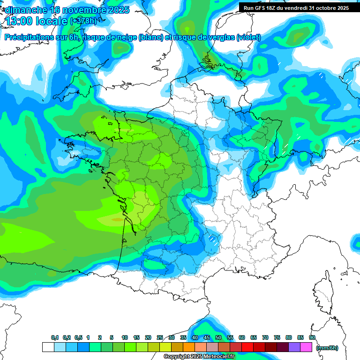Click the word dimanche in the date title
[26, 10]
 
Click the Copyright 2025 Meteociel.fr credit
[199, 357]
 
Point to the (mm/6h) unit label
[327, 348]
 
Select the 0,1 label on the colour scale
[55, 337]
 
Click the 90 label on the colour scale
[312, 337]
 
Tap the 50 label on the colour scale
[218, 337]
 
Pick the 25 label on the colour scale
[160, 337]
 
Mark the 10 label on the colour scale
[125, 337]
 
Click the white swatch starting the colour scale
[48, 347]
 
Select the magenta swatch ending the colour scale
[306, 347]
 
